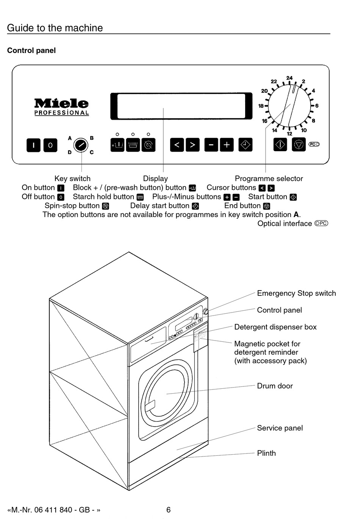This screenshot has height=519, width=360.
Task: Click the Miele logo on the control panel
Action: [x=61, y=103]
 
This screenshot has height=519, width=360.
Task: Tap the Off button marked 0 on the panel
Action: [x=50, y=145]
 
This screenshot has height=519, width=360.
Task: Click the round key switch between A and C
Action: [x=81, y=145]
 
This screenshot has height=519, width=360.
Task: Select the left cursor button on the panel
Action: [x=177, y=145]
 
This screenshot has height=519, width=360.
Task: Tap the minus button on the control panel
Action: [x=211, y=145]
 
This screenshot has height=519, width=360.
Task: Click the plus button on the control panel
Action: [x=227, y=145]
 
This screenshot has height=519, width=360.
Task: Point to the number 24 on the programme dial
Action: [x=290, y=78]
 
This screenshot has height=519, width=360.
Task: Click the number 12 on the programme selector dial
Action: [x=290, y=134]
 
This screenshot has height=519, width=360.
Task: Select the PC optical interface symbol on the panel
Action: [x=314, y=144]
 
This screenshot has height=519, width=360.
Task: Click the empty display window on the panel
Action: [x=181, y=106]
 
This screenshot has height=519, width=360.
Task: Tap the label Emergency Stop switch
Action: [x=296, y=293]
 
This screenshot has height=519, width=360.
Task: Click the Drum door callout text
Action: [x=275, y=386]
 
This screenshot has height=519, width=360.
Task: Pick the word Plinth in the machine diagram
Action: [x=266, y=453]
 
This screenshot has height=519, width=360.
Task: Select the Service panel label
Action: [x=280, y=428]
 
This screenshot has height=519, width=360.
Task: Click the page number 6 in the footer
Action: [x=168, y=510]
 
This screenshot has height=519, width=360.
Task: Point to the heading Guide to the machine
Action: [x=55, y=28]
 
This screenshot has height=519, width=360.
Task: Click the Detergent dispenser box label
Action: [x=275, y=327]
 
